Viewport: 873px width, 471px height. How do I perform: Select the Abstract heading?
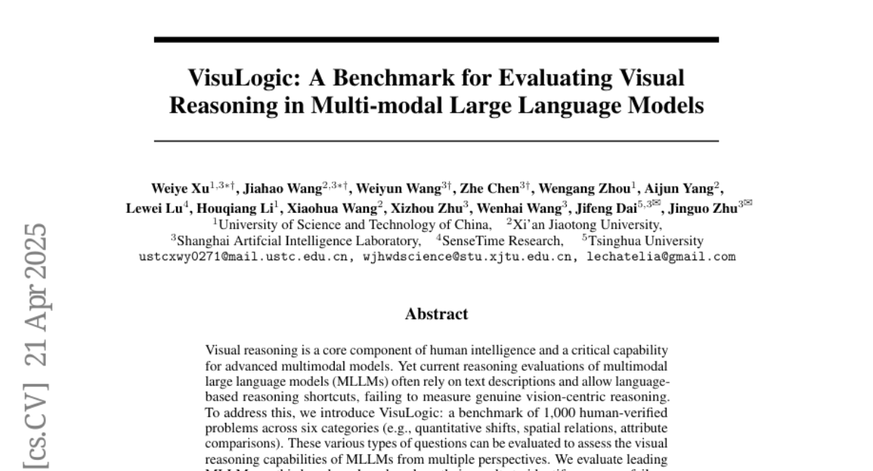tap(436, 314)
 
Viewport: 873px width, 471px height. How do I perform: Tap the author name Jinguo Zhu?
tap(704, 206)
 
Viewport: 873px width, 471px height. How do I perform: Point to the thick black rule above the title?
tap(436, 39)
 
